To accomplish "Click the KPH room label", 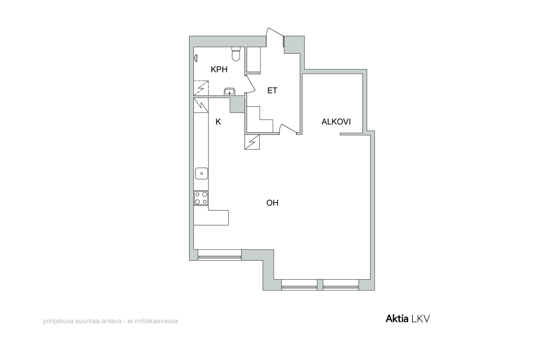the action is [x=219, y=70].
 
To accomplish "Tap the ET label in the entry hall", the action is [x=272, y=91].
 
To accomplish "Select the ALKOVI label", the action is [x=336, y=122].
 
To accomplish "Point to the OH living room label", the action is [x=272, y=203].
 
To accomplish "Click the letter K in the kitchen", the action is [x=218, y=122].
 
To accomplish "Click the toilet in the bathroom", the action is [x=236, y=54].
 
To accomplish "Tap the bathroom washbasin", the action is [x=230, y=92].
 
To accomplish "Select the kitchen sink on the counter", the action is [x=201, y=173].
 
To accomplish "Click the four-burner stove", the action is [x=201, y=198].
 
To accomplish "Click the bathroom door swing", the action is [x=251, y=84].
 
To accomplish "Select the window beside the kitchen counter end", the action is [x=219, y=255].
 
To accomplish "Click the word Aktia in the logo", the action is [x=397, y=319].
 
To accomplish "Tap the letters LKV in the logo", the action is [x=421, y=319].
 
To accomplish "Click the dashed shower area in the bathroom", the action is [x=201, y=88].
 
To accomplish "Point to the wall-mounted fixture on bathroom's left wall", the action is [x=196, y=58].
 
